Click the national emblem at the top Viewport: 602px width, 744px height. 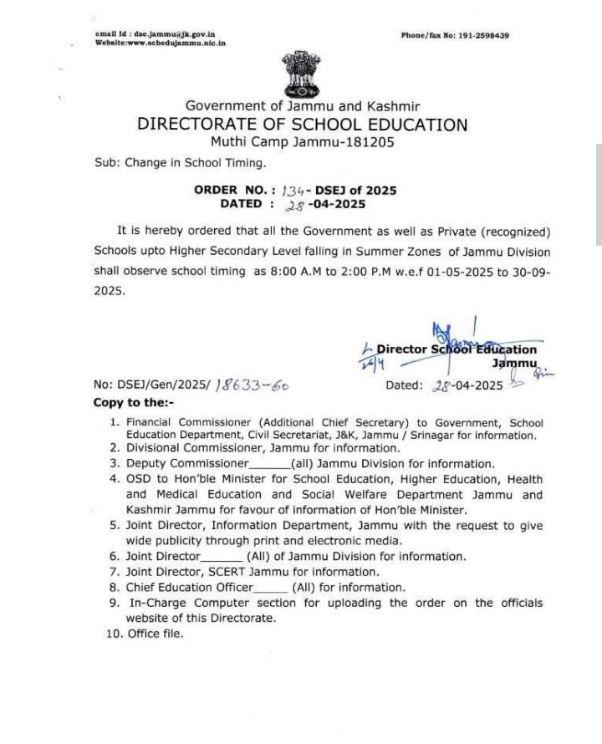(301, 73)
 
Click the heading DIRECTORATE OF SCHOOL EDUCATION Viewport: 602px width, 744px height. (302, 125)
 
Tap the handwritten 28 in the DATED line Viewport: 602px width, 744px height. (294, 205)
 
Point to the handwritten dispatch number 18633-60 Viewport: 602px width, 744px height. (252, 385)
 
